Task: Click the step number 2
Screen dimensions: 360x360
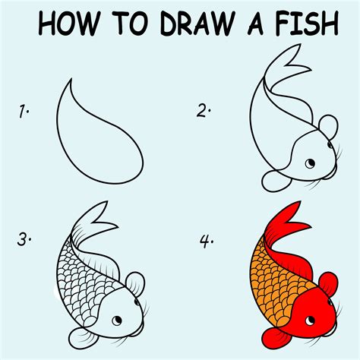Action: tap(203, 112)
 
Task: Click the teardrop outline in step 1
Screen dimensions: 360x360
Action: tap(99, 129)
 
